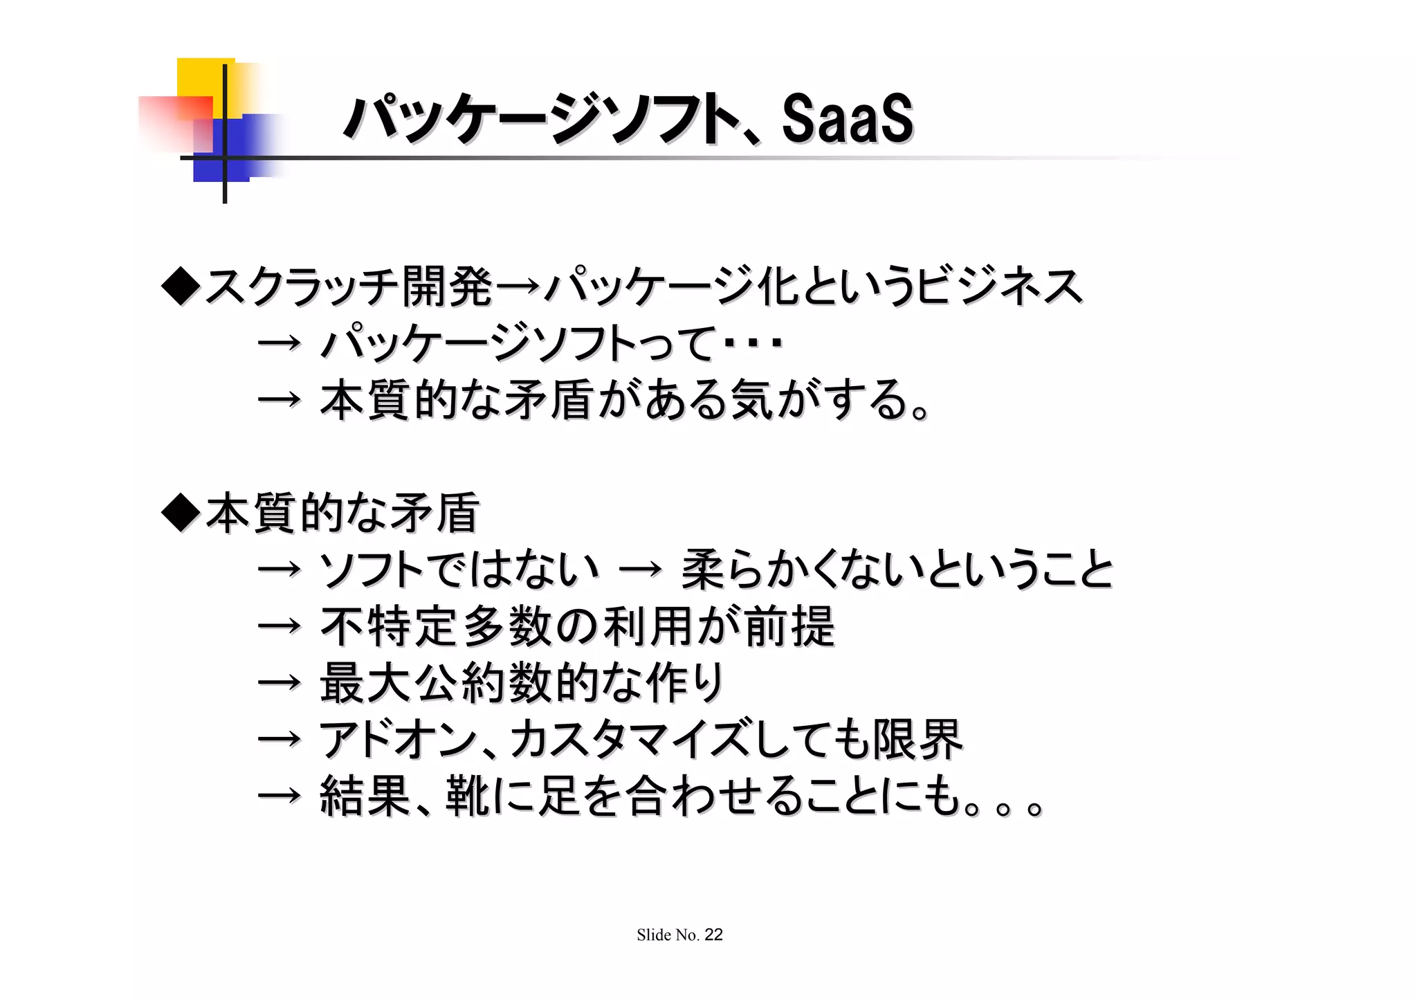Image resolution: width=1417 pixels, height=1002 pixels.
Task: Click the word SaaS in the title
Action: coord(847,120)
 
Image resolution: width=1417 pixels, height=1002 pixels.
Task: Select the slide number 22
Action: coord(713,935)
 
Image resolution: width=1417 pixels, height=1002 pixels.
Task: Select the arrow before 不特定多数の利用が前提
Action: coord(279,627)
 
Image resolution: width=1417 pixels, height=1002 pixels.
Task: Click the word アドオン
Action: coord(397,740)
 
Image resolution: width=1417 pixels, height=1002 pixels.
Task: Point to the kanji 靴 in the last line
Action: coord(468,797)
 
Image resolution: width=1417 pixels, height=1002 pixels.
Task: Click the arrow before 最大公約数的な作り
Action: coord(279,684)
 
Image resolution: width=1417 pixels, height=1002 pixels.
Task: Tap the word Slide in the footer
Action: coord(654,936)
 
